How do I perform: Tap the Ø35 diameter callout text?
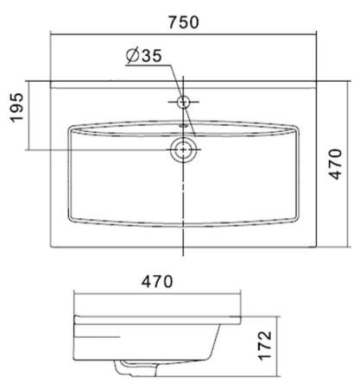[x=143, y=57]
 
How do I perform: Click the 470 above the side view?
[x=157, y=281]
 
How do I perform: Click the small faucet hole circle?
[x=183, y=103]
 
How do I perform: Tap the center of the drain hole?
[x=183, y=151]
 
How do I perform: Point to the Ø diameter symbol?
[x=130, y=57]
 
